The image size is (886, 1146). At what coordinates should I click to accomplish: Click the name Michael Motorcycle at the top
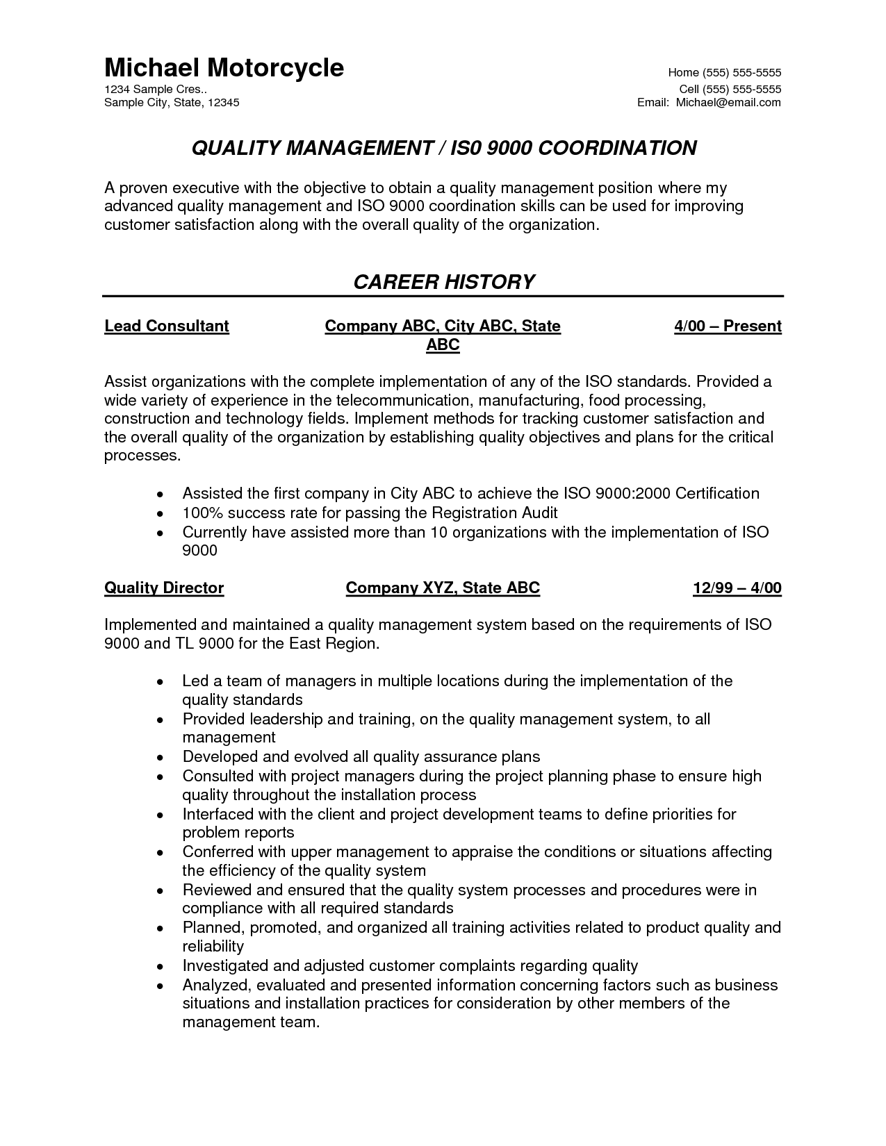(224, 68)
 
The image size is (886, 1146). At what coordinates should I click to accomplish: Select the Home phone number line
(724, 73)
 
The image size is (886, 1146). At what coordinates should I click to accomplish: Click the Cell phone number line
(730, 89)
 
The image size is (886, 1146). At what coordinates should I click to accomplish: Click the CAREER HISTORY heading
(443, 282)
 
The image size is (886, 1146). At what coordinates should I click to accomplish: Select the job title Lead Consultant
(167, 326)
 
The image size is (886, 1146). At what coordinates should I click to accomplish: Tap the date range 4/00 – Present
(728, 326)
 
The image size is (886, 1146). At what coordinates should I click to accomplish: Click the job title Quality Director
(164, 588)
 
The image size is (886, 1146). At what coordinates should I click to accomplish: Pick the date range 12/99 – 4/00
(737, 588)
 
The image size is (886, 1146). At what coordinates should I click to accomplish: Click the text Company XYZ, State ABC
(443, 588)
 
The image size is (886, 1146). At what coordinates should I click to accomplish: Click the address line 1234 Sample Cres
(155, 89)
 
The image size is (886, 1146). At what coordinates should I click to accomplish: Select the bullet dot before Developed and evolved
(161, 758)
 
